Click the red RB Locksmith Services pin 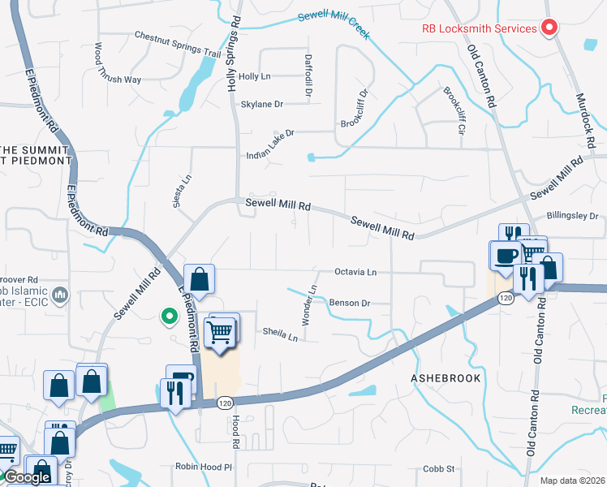pyautogui.click(x=549, y=28)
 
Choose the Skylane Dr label pyautogui.click(x=261, y=104)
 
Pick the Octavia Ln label pyautogui.click(x=356, y=272)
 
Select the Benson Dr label pyautogui.click(x=349, y=303)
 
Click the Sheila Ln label pyautogui.click(x=280, y=332)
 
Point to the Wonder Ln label pyautogui.click(x=309, y=305)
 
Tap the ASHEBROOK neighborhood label pyautogui.click(x=446, y=378)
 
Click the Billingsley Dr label pyautogui.click(x=571, y=216)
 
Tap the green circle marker pyautogui.click(x=170, y=316)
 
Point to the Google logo pyautogui.click(x=27, y=477)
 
